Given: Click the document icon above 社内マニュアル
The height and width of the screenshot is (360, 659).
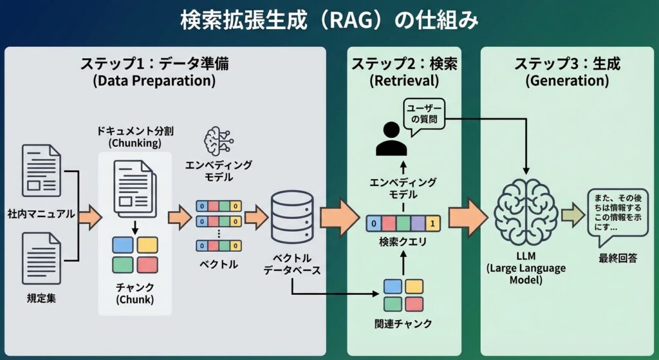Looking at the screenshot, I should pos(41,170).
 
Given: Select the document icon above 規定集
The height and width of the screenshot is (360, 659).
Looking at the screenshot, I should pos(41,258).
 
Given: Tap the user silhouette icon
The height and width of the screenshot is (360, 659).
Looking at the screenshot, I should pos(391,138).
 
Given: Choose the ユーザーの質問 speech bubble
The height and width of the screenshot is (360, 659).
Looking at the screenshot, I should pos(424,114).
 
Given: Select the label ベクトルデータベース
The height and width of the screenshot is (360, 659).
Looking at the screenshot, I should pos(292,264).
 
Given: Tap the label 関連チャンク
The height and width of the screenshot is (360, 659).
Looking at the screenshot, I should pos(404,324).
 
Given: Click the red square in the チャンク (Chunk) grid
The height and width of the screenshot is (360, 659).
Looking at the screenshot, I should pos(147,264).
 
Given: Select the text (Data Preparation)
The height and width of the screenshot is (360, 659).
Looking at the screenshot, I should pos(154,81).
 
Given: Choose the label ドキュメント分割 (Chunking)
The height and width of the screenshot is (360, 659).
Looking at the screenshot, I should pos(135,137).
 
